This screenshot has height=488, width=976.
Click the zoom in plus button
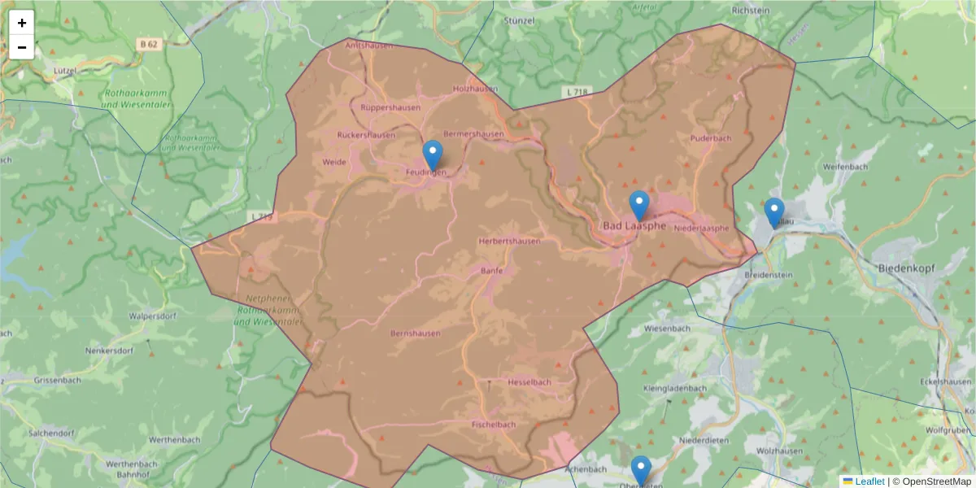[22, 23]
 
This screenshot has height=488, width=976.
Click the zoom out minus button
[22, 47]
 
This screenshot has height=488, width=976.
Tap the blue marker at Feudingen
[434, 155]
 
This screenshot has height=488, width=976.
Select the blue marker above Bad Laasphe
[639, 206]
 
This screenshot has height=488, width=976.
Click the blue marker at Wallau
[774, 213]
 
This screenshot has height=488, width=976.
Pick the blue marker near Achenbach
[641, 471]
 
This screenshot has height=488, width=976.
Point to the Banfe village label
[492, 271]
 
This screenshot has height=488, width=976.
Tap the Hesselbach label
[529, 382]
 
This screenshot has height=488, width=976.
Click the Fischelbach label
[494, 425]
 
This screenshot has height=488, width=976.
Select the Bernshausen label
[416, 333]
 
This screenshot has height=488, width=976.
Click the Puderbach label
[711, 139]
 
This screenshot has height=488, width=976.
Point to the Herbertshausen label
[509, 242]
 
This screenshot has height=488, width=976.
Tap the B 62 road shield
[147, 45]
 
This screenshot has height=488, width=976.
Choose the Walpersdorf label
[154, 316]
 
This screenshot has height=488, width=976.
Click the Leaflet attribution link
[869, 481]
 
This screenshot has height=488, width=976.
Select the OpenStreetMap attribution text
[931, 481]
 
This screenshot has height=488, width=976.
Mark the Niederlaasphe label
[701, 229]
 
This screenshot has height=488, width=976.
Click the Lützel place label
[64, 72]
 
